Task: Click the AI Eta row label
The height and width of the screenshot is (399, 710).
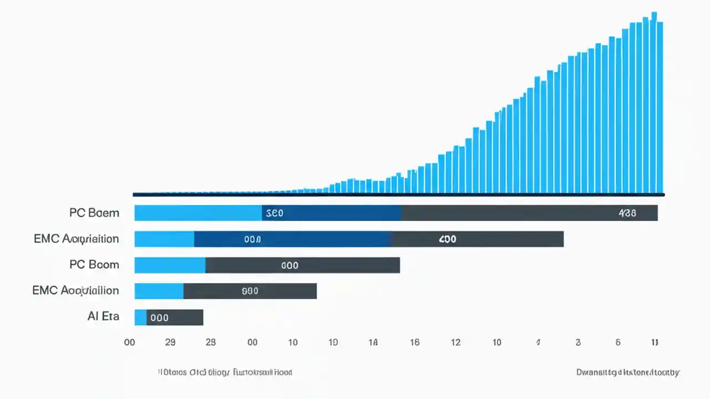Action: [103, 316]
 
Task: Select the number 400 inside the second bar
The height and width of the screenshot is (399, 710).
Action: [447, 239]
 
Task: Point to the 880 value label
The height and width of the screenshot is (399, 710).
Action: [250, 291]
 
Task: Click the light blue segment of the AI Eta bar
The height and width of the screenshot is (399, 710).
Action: [140, 318]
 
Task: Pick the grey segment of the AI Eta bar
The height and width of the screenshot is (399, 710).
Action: [175, 318]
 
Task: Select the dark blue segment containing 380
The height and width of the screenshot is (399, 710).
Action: [331, 213]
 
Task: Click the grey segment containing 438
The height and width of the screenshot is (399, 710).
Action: [529, 213]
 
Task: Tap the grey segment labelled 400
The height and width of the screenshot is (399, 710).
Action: [477, 239]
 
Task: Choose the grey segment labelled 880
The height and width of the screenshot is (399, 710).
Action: [250, 291]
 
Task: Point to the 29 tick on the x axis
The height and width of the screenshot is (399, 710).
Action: [170, 342]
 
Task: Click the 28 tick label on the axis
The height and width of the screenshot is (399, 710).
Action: [210, 342]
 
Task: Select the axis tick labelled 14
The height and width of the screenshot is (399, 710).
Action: [373, 342]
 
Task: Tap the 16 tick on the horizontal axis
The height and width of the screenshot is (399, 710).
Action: [414, 342]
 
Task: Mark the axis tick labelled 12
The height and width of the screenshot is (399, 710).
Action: [455, 342]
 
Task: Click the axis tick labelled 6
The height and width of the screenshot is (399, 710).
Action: [618, 342]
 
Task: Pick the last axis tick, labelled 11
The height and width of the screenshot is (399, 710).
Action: [655, 342]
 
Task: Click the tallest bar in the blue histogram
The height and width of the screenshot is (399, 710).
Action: [654, 103]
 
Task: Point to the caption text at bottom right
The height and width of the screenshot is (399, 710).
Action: [628, 372]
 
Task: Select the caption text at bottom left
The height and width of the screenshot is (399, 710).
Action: [225, 372]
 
